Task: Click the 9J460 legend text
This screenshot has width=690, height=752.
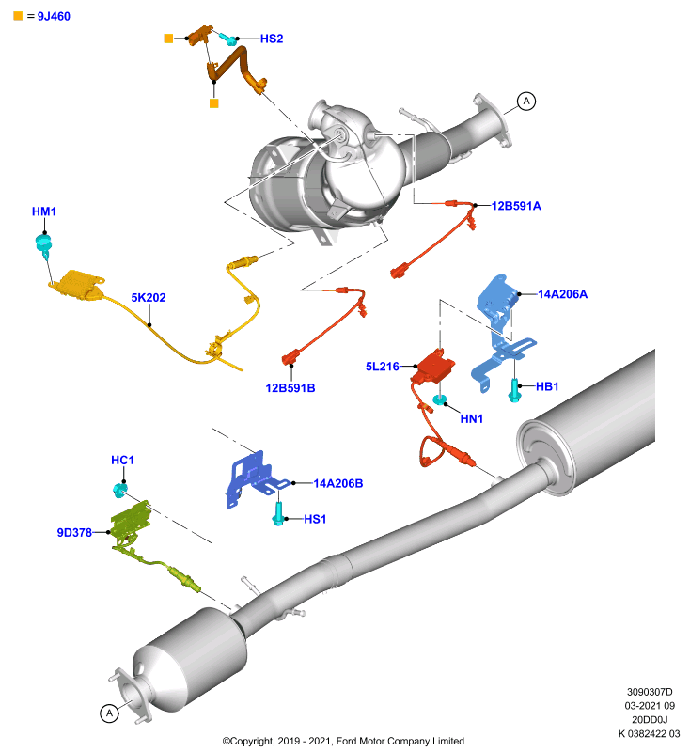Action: (54, 16)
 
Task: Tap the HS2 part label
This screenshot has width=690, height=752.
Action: (272, 39)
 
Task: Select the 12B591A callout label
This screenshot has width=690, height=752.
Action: (516, 206)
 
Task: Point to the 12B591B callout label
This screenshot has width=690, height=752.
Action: (290, 388)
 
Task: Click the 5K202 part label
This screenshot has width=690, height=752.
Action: (149, 297)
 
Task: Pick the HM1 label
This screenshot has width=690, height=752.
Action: (44, 211)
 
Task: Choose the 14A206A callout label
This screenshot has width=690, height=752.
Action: (562, 294)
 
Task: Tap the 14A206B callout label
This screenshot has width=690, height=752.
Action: (338, 483)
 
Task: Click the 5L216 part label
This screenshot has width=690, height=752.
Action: (383, 367)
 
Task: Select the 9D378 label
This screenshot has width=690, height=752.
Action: (74, 532)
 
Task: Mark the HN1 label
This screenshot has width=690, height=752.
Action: (472, 418)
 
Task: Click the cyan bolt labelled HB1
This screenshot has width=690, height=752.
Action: (514, 390)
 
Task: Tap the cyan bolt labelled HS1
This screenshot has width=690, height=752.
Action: (278, 514)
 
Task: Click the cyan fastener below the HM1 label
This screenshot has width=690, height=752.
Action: (43, 245)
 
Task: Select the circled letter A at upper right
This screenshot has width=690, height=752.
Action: (526, 102)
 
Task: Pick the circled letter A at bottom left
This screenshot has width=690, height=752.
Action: (109, 713)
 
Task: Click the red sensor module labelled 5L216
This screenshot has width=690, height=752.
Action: (434, 367)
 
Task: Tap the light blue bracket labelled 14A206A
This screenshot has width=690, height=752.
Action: (501, 331)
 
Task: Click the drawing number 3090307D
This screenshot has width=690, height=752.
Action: (650, 692)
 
